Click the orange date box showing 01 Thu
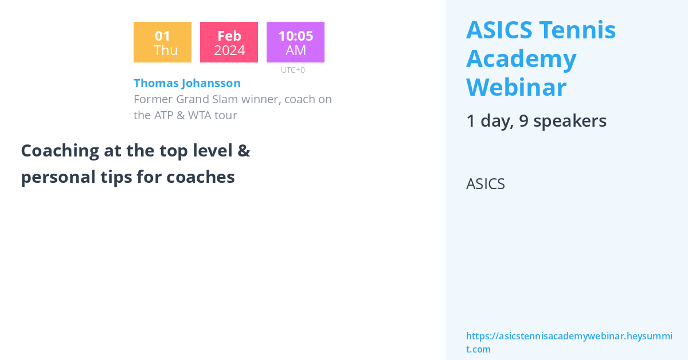click(162, 42)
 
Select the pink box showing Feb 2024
click(229, 42)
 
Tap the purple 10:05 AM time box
click(295, 42)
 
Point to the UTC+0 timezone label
click(293, 70)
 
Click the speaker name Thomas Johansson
click(187, 83)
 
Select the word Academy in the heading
click(521, 58)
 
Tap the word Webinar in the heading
click(517, 88)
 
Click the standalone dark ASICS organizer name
click(486, 184)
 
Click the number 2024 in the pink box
click(229, 50)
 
